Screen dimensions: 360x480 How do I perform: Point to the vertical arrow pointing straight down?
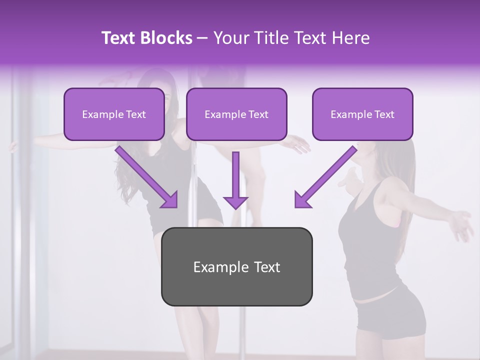click(x=235, y=180)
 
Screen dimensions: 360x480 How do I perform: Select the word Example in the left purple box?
click(x=102, y=114)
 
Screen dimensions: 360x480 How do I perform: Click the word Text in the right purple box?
click(x=384, y=114)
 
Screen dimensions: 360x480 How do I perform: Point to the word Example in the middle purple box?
click(x=225, y=114)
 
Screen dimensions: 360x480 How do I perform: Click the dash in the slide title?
click(x=203, y=38)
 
